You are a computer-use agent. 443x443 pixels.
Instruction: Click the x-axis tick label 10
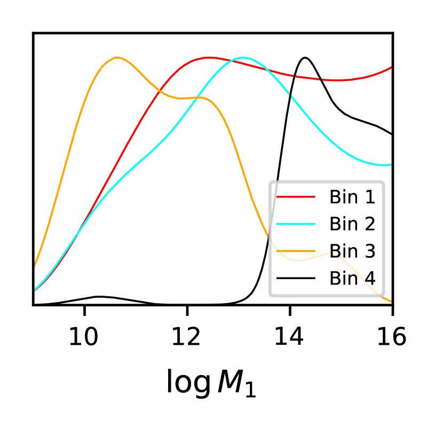coord(84,337)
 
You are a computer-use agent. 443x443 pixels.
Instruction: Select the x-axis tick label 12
coord(187,337)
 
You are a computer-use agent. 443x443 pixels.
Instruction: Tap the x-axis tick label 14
coord(290,337)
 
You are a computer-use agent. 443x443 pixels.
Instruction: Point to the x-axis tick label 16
coord(392,337)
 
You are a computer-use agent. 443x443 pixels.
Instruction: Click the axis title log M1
coord(211,383)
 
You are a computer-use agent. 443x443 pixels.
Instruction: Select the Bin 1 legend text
coord(352,197)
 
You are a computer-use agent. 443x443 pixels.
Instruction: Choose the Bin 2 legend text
coord(352,224)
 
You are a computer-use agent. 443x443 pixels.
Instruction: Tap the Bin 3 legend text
coord(352,251)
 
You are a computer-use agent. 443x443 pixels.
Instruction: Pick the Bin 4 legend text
coord(352,278)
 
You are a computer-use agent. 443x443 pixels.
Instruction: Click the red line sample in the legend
coord(296,197)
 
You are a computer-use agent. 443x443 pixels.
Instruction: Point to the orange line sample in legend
coord(296,251)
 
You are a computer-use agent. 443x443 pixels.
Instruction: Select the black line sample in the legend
coord(296,278)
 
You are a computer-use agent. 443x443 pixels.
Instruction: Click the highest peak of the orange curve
coord(116,57)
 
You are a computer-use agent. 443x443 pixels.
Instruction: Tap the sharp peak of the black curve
coord(305,57)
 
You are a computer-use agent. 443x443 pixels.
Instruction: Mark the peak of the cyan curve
coord(243,57)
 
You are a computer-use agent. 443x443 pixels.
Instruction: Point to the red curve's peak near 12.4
coord(209,57)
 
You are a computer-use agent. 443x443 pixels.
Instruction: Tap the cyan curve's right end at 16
coord(391,165)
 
